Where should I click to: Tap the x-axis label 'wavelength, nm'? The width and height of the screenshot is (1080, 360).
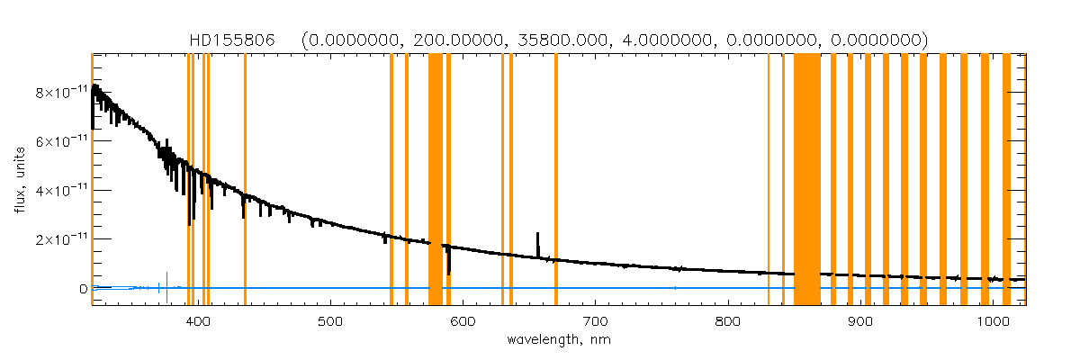point(558,341)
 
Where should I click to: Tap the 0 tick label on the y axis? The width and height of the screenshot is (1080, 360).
point(83,289)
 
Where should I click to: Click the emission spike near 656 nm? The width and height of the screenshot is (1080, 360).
point(538,243)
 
